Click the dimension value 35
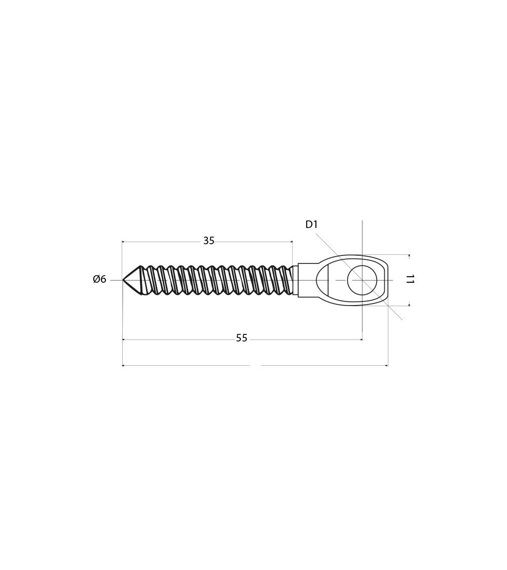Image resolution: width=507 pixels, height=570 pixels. coord(209,241)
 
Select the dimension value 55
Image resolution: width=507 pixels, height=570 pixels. coord(241,338)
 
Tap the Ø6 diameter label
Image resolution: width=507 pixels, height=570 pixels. coord(99,279)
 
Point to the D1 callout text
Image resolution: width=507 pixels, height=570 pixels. coord(311,224)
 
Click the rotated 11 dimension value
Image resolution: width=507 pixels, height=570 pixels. coord(410,280)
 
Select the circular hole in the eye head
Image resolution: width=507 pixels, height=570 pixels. coord(362,280)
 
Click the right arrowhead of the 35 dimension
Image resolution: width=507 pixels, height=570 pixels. coord(291,241)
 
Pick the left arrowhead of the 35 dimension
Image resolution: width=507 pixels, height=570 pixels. coord(124,241)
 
